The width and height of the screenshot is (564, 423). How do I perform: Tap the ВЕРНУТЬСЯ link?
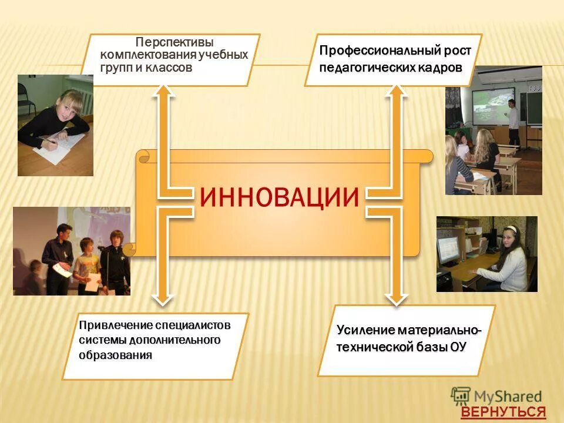tap(503, 412)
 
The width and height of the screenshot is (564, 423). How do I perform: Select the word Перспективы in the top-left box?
tap(174, 43)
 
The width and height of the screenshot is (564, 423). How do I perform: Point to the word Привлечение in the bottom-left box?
tap(116, 325)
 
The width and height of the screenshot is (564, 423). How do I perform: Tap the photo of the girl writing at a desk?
tap(55, 125)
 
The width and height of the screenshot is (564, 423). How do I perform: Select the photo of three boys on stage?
tap(71, 251)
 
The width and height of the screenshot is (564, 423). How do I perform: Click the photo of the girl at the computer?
tap(486, 254)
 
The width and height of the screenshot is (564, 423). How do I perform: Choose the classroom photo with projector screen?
tap(493, 130)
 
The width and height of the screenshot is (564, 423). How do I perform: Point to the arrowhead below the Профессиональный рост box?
tap(397, 92)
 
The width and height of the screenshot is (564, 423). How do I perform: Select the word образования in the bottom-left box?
tap(115, 355)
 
